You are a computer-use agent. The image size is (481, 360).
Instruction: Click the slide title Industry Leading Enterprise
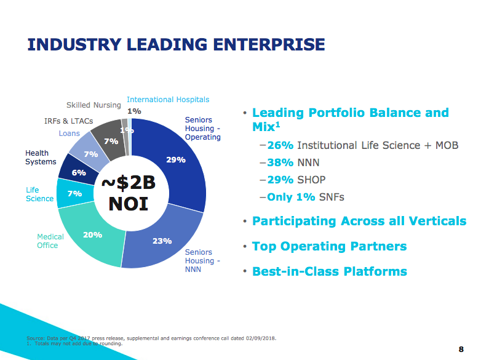pyautogui.click(x=177, y=44)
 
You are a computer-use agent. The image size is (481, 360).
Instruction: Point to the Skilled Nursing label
pyautogui.click(x=93, y=105)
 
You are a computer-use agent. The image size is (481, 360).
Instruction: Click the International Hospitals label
pyautogui.click(x=168, y=99)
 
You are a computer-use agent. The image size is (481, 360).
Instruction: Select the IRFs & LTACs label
pyautogui.click(x=68, y=121)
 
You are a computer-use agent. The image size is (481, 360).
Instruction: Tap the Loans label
pyautogui.click(x=70, y=134)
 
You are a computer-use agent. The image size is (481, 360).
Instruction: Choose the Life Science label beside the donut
pyautogui.click(x=39, y=194)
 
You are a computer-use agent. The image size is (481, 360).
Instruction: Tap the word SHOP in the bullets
pyautogui.click(x=311, y=180)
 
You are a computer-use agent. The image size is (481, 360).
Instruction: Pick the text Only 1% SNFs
pyautogui.click(x=306, y=198)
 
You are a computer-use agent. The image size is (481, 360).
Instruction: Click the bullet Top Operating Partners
pyautogui.click(x=329, y=246)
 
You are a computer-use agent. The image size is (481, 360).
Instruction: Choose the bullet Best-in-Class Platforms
pyautogui.click(x=329, y=271)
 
